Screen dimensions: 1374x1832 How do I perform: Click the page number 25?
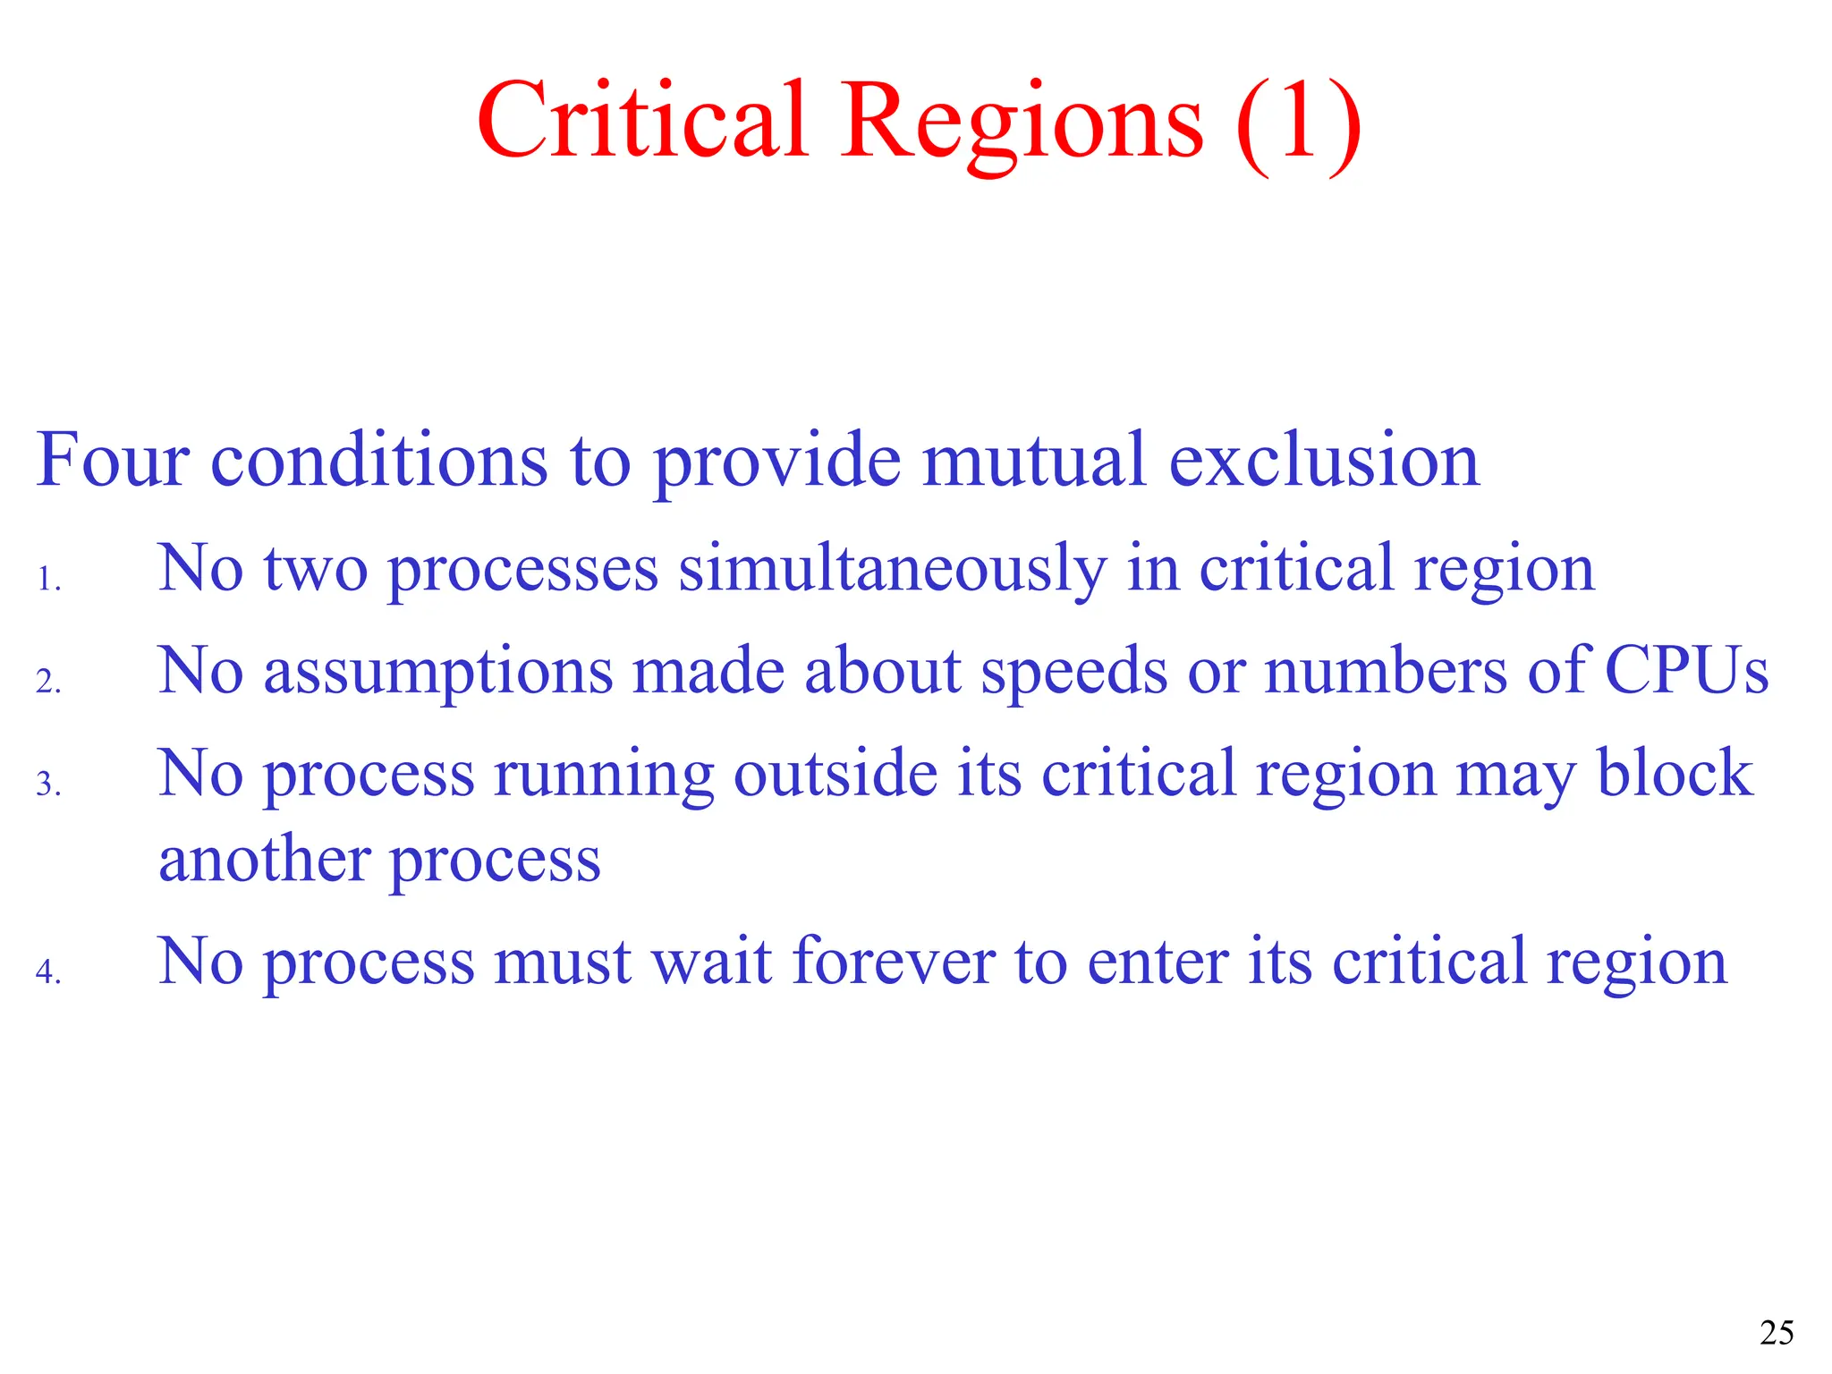point(1777,1333)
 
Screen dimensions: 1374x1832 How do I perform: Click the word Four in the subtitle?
point(113,460)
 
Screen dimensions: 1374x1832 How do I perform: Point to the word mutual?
point(1034,460)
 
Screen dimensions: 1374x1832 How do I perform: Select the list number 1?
point(48,580)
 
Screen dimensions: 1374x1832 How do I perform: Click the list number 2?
point(48,682)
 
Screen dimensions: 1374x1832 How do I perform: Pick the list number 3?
point(48,785)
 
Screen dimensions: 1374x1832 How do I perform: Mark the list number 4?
point(48,971)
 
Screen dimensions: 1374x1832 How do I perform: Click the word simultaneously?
point(892,569)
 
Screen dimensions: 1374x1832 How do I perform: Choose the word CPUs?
point(1686,671)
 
